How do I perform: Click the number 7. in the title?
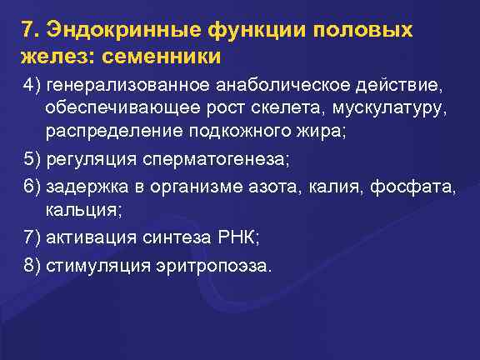pos(32,30)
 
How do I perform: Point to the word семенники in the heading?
pos(170,58)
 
